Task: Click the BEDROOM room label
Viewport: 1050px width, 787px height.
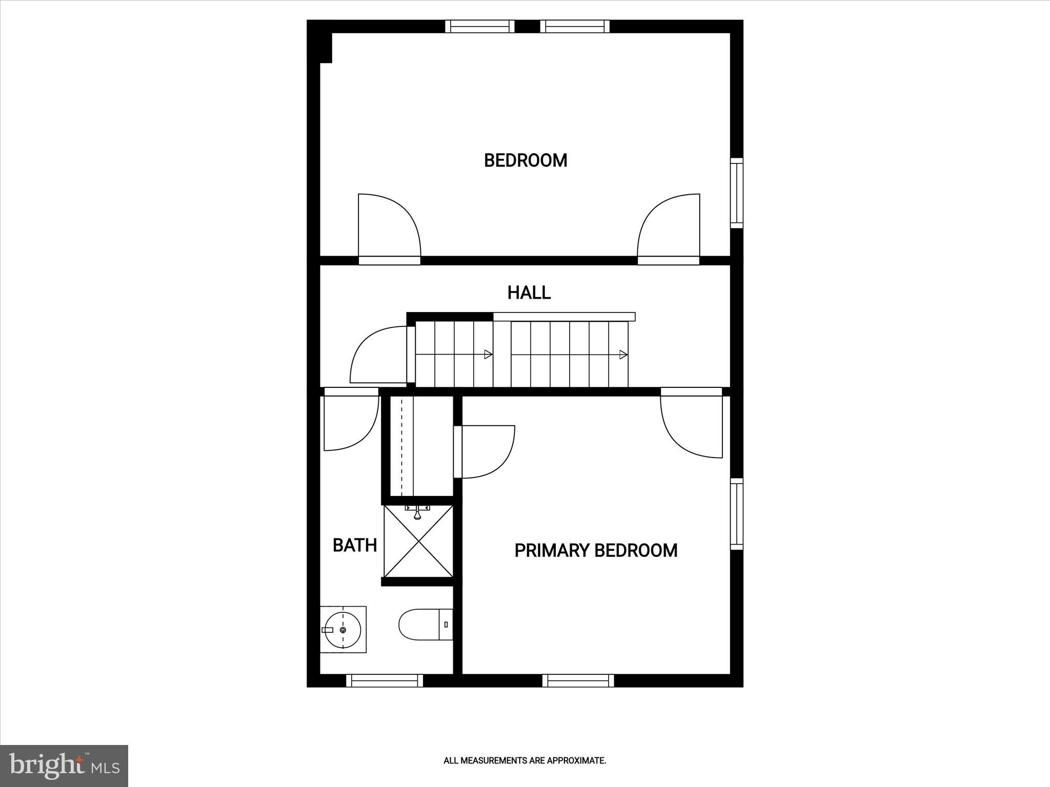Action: click(526, 160)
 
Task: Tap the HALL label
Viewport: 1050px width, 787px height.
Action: click(529, 293)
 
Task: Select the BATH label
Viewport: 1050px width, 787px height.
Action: click(355, 545)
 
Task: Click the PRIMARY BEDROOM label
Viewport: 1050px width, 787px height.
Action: click(596, 550)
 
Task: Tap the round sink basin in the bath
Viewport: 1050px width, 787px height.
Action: click(342, 630)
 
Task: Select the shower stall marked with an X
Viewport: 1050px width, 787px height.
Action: click(418, 542)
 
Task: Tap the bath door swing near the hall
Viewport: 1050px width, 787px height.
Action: click(350, 420)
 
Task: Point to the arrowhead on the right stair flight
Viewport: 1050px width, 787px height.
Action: click(623, 355)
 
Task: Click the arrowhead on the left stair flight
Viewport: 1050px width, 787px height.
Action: click(488, 355)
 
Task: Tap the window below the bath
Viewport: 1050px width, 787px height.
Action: click(385, 680)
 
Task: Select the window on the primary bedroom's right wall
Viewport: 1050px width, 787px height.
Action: click(736, 514)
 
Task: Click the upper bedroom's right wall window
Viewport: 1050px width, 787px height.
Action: click(736, 193)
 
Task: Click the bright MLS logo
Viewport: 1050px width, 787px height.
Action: click(64, 766)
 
